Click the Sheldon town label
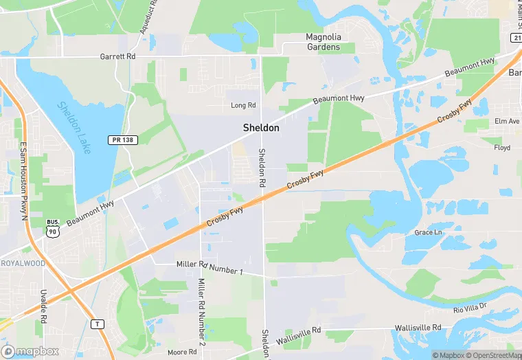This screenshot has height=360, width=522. [x=261, y=128]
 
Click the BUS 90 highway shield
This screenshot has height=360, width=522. [x=52, y=229]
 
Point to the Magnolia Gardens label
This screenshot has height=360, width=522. [x=323, y=42]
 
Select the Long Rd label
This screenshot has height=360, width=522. [x=243, y=105]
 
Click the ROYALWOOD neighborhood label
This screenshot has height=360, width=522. [x=22, y=263]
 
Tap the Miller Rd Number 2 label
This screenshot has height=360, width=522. [x=201, y=312]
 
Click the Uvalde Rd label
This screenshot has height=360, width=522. [x=43, y=306]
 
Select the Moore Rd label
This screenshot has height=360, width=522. [x=182, y=352]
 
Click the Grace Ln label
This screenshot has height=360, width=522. [x=429, y=232]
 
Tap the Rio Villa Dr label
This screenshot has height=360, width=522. [x=470, y=307]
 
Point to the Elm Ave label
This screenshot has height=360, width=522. [x=507, y=122]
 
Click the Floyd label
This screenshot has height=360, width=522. [x=502, y=148]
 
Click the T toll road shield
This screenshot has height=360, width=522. [x=99, y=323]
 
